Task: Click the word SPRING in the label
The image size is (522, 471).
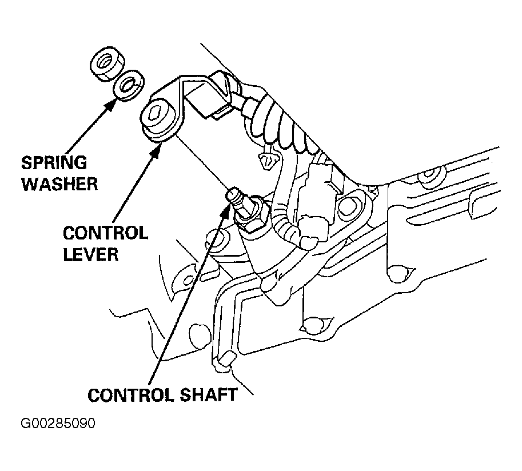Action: click(x=54, y=163)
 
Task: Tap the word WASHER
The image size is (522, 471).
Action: click(x=59, y=183)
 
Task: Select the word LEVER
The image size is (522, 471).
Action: click(x=91, y=254)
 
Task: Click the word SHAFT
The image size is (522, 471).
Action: click(x=209, y=395)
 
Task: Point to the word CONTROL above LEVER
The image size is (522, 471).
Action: click(x=105, y=233)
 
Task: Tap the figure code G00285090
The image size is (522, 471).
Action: click(x=58, y=424)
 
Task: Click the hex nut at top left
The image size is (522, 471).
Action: click(x=107, y=63)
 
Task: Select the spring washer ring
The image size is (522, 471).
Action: click(x=129, y=85)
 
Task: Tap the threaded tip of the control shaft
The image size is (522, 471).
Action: click(x=233, y=195)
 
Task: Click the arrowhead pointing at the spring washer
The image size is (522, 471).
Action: click(x=111, y=105)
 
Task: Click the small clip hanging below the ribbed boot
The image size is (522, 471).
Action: click(x=266, y=161)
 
